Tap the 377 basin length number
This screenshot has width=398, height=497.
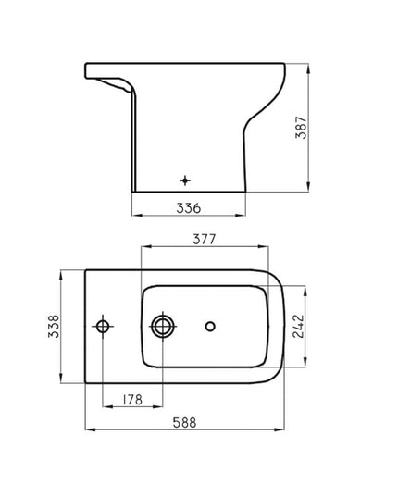pyautogui.click(x=205, y=240)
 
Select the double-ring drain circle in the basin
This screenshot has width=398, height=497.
pyautogui.click(x=163, y=326)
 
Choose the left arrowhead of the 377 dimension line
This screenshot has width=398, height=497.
pyautogui.click(x=141, y=248)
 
